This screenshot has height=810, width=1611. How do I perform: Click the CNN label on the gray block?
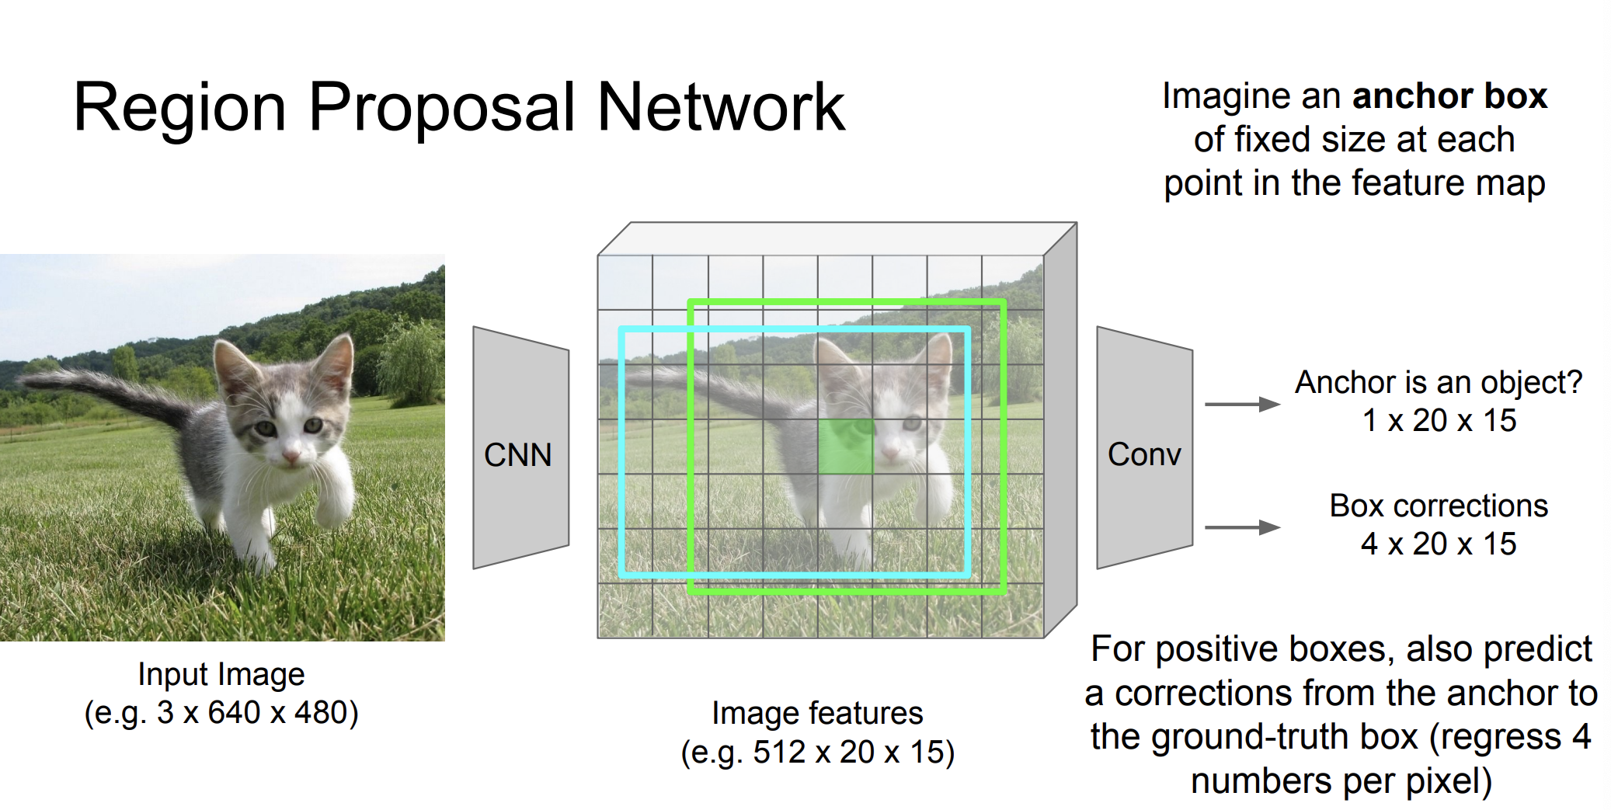coord(517,455)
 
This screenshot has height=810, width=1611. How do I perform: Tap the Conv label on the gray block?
coord(1144,454)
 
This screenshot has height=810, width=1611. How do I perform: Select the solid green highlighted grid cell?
coord(845,447)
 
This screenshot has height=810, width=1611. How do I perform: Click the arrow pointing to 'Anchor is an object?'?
coord(1242,404)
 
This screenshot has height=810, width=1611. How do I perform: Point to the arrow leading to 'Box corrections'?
coord(1242,527)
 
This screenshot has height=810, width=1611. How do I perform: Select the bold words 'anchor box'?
coord(1449,96)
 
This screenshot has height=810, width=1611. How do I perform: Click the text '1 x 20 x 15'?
coord(1439,420)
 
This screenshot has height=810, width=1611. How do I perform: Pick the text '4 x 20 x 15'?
coord(1438,544)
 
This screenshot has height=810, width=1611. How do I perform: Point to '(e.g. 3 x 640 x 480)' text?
coord(221,713)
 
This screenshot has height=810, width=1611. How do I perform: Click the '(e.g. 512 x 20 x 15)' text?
coord(818,753)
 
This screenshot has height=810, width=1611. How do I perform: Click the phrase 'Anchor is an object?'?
coord(1439,383)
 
